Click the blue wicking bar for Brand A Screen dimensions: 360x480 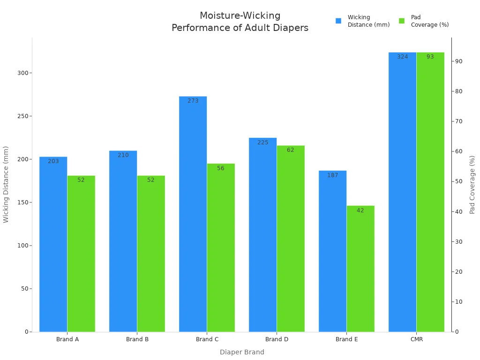(x=53, y=244)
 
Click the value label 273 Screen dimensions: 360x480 (x=193, y=101)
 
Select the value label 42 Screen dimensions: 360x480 (x=360, y=210)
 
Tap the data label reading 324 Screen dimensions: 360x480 (x=403, y=57)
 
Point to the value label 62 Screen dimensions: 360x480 (x=291, y=150)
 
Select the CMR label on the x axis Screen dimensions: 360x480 (x=416, y=339)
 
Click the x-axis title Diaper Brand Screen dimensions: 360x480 (x=242, y=352)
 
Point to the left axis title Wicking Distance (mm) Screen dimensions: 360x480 (x=6, y=184)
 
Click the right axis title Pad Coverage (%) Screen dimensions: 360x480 (x=472, y=184)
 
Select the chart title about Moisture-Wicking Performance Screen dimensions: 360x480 (x=240, y=22)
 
